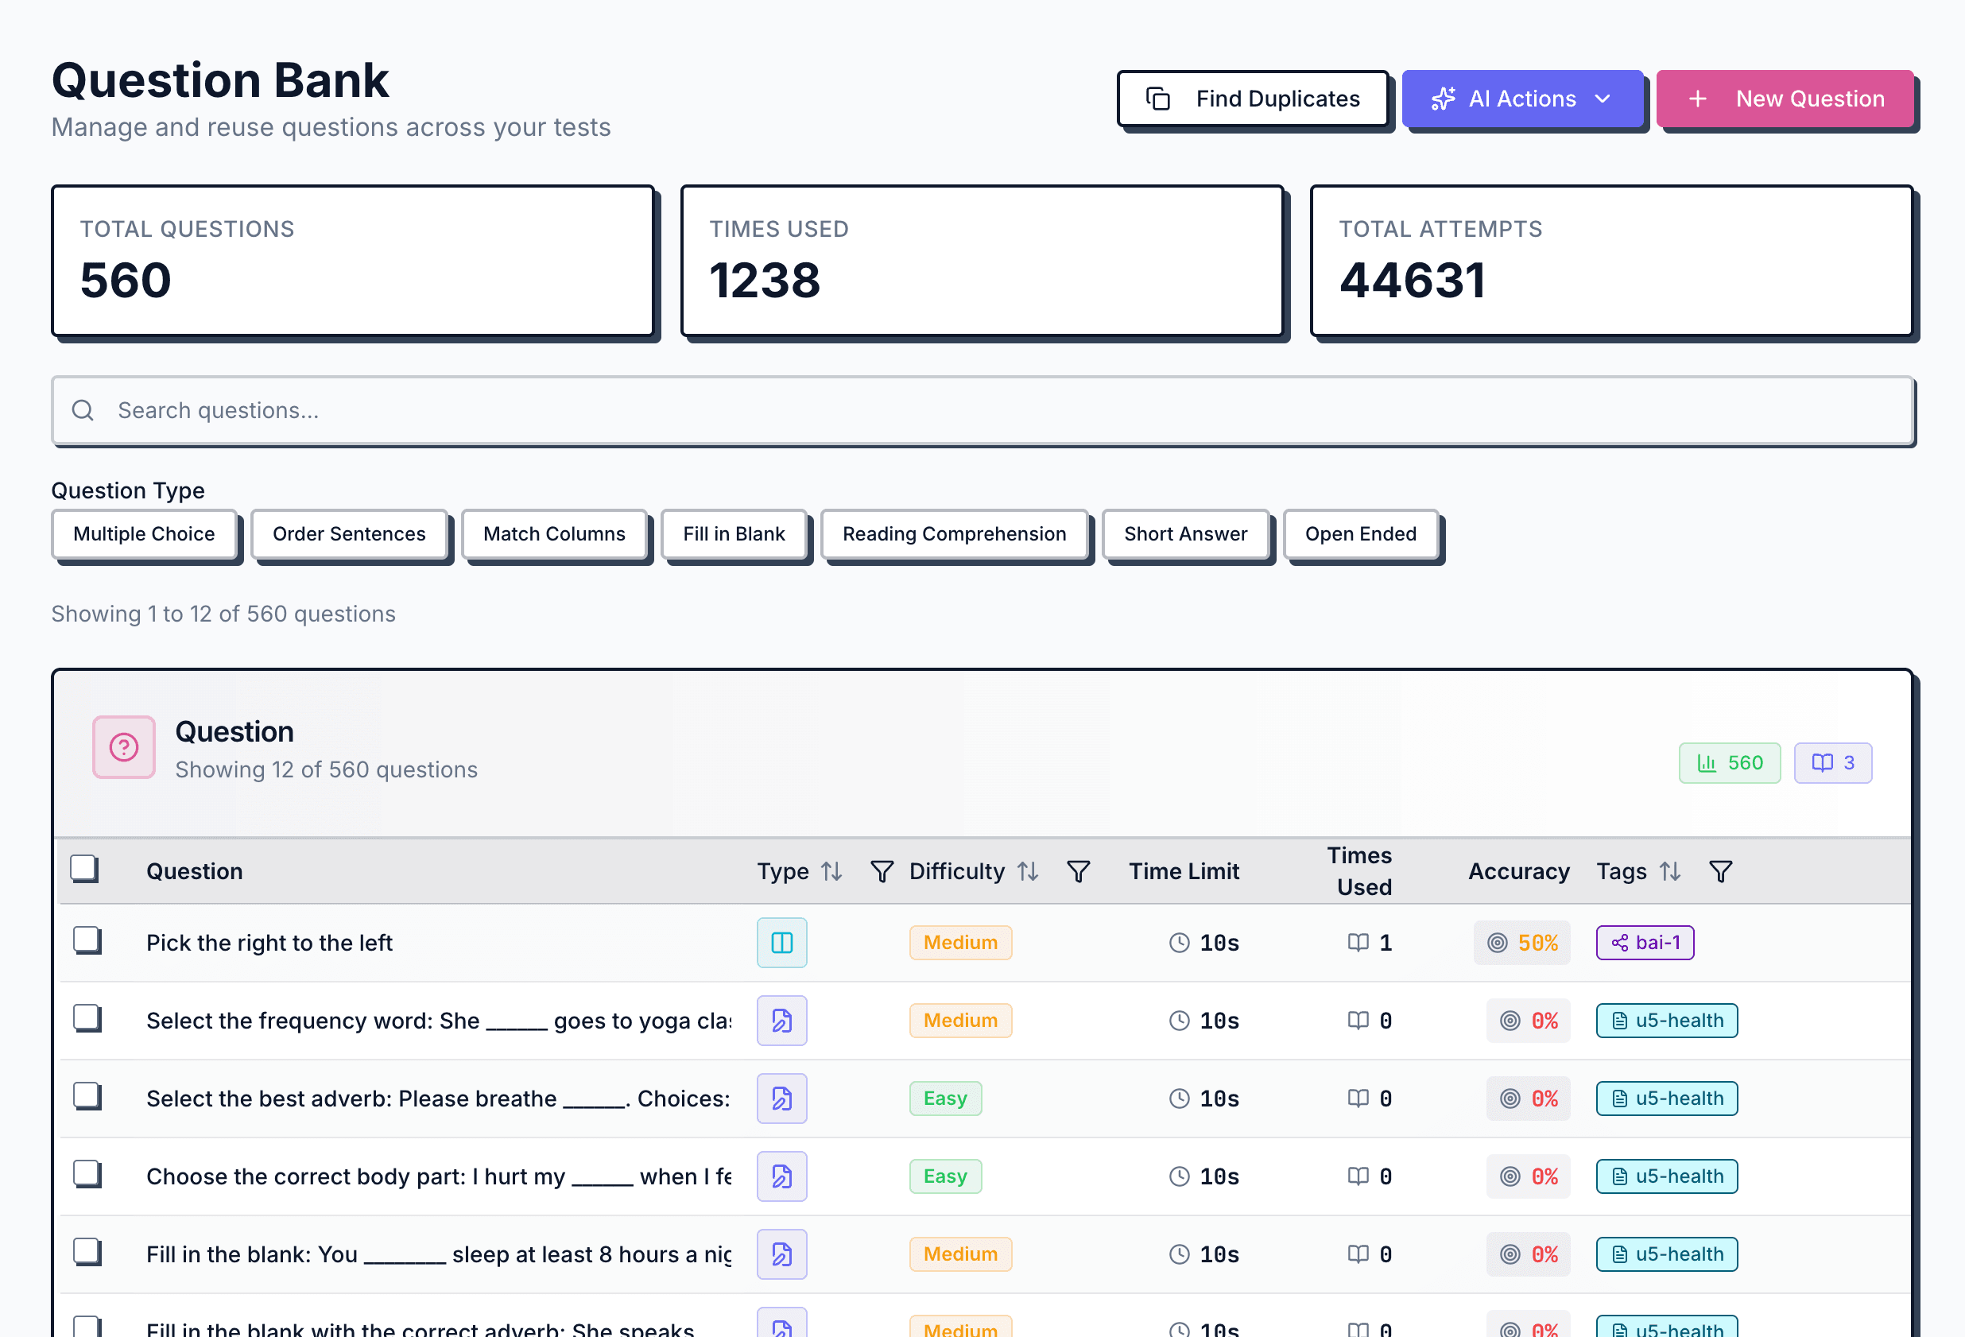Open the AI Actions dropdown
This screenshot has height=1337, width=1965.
1521,99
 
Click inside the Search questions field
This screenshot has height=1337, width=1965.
981,410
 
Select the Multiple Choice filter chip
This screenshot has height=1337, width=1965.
144,533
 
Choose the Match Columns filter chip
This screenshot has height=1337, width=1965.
554,533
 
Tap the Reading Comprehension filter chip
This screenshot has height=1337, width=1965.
954,533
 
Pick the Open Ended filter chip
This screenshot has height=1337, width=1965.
1359,533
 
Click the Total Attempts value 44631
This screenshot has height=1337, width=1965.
1411,281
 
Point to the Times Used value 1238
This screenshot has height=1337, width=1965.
765,281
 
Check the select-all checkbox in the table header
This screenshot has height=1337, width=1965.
84,869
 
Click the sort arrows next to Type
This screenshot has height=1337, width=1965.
832,871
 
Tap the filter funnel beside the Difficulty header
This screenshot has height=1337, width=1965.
1078,871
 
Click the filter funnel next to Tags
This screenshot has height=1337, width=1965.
1720,871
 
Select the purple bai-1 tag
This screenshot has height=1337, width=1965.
1645,942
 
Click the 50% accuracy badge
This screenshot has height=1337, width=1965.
1522,942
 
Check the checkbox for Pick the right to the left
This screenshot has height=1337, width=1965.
87,940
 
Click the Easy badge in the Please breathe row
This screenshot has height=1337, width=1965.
944,1098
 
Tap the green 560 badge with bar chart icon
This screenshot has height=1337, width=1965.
1729,763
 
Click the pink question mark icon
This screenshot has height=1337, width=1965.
123,746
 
